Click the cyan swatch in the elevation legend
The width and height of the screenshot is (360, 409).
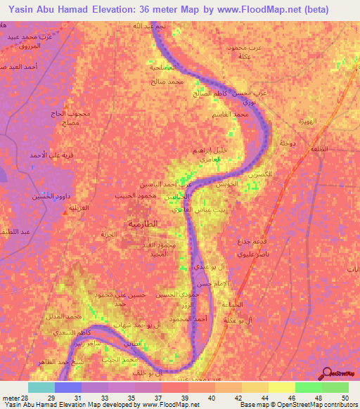[x=41, y=387]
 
